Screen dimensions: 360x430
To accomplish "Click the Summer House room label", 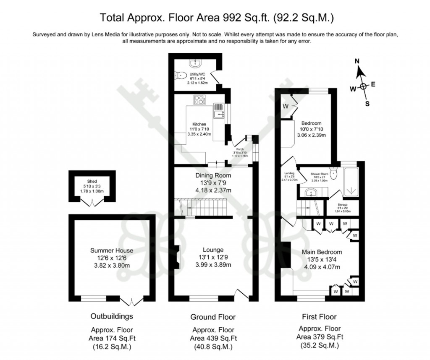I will pyautogui.click(x=110, y=250).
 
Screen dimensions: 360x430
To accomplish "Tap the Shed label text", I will pyautogui.click(x=92, y=181).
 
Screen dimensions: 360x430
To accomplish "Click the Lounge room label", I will pyautogui.click(x=212, y=250).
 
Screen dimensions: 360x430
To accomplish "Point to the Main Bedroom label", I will pyautogui.click(x=322, y=252).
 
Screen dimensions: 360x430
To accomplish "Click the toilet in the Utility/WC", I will pyautogui.click(x=181, y=76).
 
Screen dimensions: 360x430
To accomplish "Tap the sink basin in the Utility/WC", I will pyautogui.click(x=195, y=63).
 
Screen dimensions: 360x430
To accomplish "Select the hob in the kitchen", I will pyautogui.click(x=199, y=100).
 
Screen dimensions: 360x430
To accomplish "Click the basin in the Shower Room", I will pyautogui.click(x=311, y=192).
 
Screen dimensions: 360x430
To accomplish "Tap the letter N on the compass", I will pyautogui.click(x=357, y=61).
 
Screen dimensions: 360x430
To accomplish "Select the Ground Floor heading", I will pyautogui.click(x=213, y=317).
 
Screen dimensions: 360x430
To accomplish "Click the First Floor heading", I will pyautogui.click(x=319, y=317).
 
